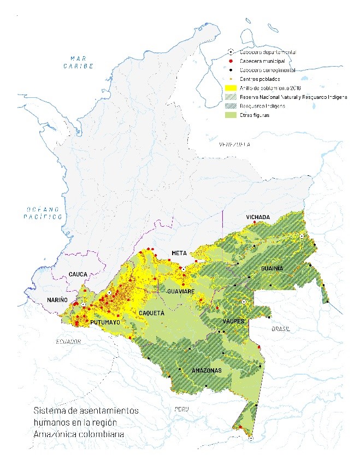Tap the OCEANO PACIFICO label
pos(44,213)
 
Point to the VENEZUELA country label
pos(234,145)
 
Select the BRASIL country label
pos(281,329)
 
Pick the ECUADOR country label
pos(68,341)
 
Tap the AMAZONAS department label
pos(206,371)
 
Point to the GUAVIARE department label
pos(181,292)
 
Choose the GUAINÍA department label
pos(272,269)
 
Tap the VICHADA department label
pos(258,217)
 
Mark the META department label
pos(179,253)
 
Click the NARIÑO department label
pos(57,300)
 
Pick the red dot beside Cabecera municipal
pos(231,61)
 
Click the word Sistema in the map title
pos(48,410)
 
